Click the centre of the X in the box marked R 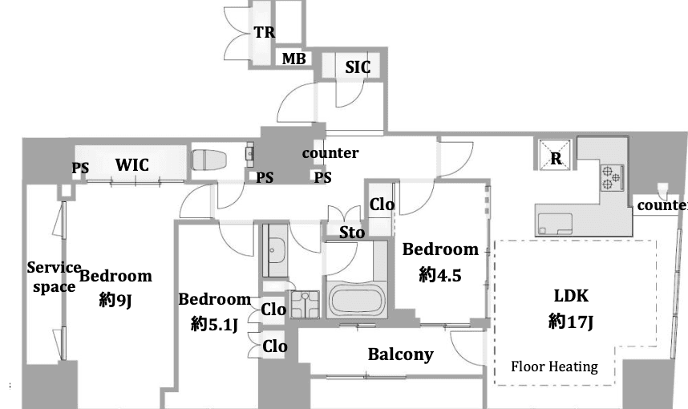point(555,154)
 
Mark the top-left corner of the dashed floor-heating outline point(495,241)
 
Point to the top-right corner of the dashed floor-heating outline point(657,241)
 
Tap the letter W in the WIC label point(123,165)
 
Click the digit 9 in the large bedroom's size point(119,300)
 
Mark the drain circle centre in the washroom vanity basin point(272,250)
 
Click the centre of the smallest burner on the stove point(616,177)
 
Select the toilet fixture point(208,160)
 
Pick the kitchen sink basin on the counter point(555,224)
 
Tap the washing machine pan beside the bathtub point(305,304)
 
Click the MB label point(293,59)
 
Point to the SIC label point(358,67)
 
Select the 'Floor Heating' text point(554,366)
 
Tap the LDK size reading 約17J point(570,322)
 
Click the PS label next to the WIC point(80,168)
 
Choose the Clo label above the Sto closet point(382,204)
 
